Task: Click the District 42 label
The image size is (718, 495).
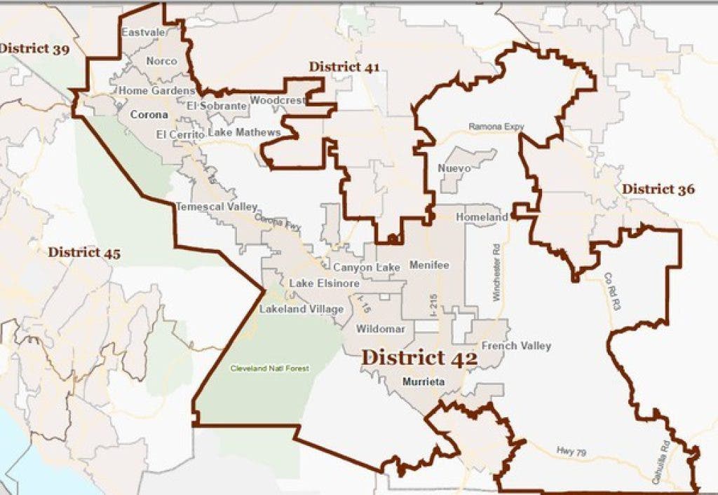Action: point(419,357)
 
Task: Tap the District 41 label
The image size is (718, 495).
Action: point(344,67)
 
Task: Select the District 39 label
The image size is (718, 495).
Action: point(34,48)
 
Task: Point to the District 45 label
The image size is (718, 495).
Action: point(83,253)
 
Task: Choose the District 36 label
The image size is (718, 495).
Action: point(658,189)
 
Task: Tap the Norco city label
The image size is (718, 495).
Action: point(161,61)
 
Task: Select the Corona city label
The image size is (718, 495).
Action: point(149,114)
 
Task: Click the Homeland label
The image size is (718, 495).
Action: point(481,218)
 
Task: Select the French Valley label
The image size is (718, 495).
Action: point(516,346)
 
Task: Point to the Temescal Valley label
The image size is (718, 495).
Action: point(216,207)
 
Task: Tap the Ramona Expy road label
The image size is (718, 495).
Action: point(496,127)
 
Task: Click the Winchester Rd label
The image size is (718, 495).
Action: point(496,273)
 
